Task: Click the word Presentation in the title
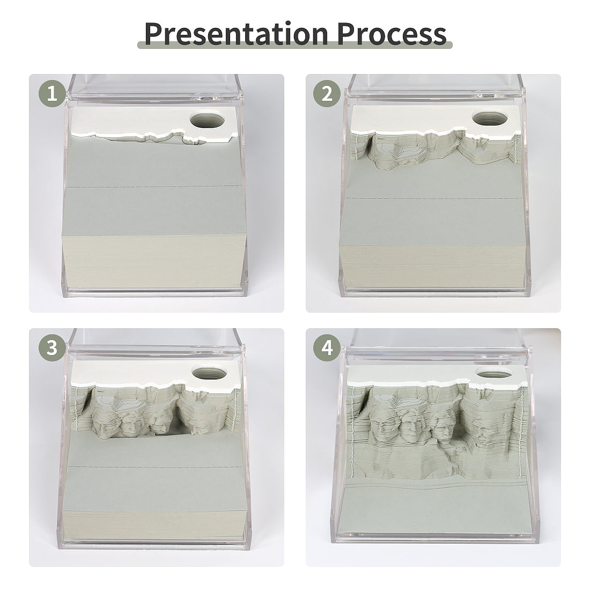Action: click(x=236, y=33)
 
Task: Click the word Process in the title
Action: click(x=392, y=33)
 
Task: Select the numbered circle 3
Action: click(x=52, y=348)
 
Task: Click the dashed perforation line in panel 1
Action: click(x=156, y=187)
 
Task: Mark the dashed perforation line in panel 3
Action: click(x=156, y=467)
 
